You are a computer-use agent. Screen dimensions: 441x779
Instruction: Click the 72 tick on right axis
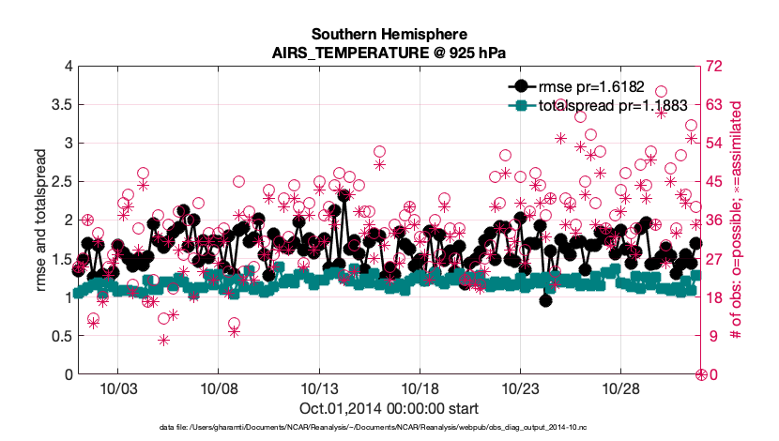[716, 67]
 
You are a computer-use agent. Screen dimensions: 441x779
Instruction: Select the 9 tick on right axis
[712, 336]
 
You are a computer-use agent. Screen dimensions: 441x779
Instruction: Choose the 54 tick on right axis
[716, 144]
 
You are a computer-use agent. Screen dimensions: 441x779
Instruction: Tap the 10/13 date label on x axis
[319, 388]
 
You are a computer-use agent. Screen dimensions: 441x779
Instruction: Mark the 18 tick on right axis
[716, 297]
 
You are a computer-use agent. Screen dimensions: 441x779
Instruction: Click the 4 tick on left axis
[68, 67]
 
